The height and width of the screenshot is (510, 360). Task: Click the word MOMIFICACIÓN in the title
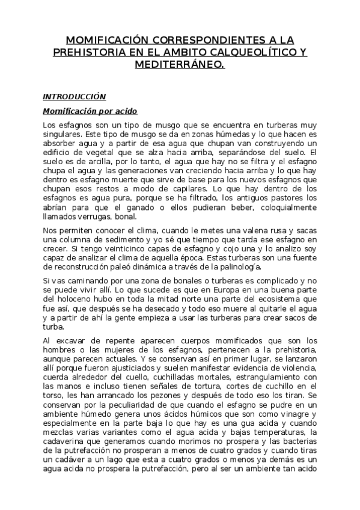click(x=105, y=40)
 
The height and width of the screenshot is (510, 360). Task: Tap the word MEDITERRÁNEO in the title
click(x=179, y=63)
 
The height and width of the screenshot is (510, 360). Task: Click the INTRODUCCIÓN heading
click(x=74, y=96)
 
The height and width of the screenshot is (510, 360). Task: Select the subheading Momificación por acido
click(x=90, y=111)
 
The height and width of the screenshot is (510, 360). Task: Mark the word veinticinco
click(x=106, y=248)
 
